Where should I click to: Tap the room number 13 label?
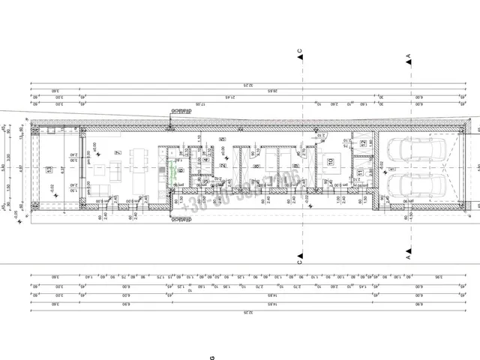49,170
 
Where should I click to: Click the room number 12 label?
364,142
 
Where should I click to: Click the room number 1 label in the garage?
391,169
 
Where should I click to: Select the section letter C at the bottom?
298,263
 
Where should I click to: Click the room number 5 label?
223,139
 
